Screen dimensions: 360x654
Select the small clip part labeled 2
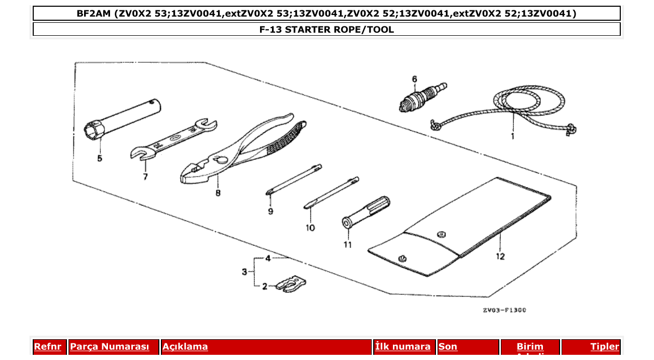coord(291,284)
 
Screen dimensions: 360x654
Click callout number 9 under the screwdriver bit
coord(270,212)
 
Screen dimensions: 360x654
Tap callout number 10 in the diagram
coord(310,227)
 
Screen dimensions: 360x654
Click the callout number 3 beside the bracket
coord(244,272)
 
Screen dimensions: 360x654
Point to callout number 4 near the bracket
coord(268,258)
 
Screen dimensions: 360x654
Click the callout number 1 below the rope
coord(512,136)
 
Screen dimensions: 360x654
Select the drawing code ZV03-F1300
coord(504,310)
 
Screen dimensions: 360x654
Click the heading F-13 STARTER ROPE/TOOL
coord(326,30)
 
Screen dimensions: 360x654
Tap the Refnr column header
coord(47,347)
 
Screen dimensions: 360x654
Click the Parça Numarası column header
coord(110,347)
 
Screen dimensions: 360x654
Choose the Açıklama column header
coord(185,347)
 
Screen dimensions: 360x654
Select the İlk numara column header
coord(402,347)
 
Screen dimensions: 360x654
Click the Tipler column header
coord(604,347)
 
